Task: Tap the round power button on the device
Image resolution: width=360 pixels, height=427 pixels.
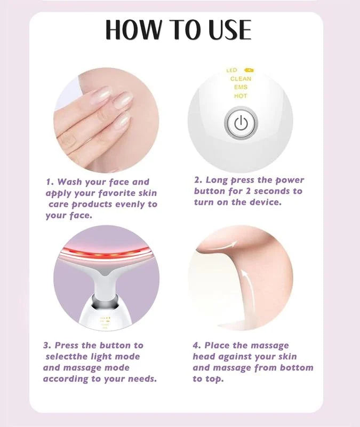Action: [x=240, y=124]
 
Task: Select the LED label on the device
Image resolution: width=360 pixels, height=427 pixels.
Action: [x=231, y=70]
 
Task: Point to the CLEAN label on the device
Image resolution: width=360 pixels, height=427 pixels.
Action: [x=241, y=78]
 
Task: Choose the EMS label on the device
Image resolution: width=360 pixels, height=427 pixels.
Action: [x=241, y=87]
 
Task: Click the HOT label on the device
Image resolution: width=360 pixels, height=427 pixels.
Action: [x=241, y=96]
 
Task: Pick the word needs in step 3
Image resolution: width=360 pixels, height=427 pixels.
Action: [x=140, y=378]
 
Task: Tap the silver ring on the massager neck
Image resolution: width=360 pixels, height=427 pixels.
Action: [x=107, y=303]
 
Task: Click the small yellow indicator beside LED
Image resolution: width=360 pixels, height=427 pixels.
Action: [x=249, y=70]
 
